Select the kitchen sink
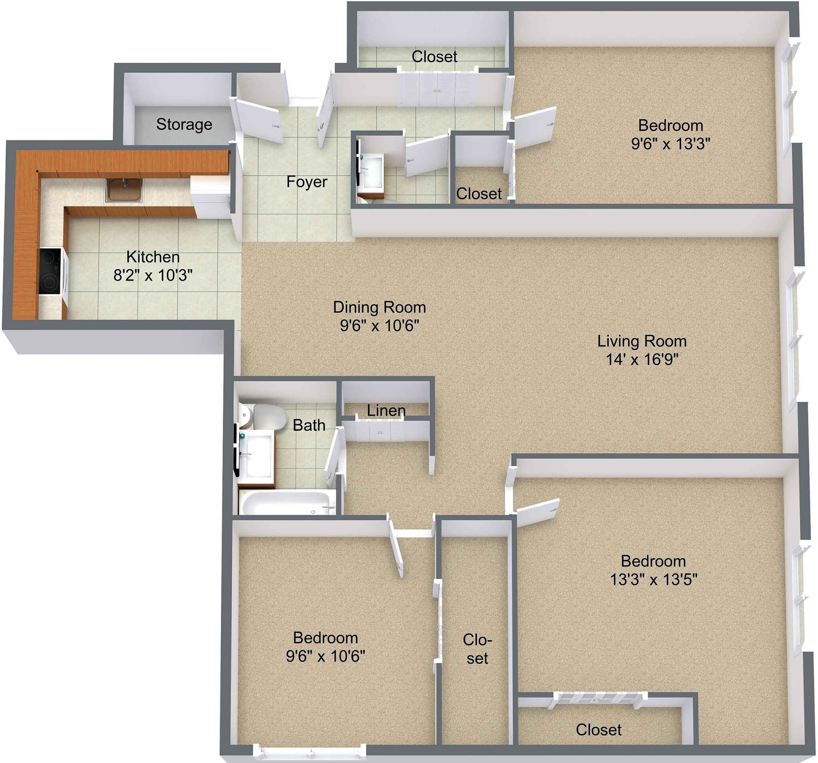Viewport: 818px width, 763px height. click(x=125, y=190)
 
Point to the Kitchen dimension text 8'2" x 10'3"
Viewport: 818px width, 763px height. click(x=153, y=275)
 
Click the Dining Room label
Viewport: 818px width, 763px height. click(x=379, y=307)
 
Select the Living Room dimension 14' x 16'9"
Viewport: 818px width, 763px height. click(x=641, y=359)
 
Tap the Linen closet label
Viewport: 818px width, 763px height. click(x=386, y=410)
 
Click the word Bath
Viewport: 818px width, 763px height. click(x=309, y=425)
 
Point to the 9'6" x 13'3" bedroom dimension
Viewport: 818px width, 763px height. click(x=670, y=144)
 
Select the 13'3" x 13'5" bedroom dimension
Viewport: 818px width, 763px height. click(x=653, y=580)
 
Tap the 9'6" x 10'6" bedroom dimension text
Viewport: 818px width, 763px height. click(x=325, y=656)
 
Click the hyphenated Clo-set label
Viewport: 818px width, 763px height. click(x=477, y=649)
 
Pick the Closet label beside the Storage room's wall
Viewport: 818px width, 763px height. click(x=434, y=56)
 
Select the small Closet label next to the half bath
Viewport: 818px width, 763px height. click(x=478, y=193)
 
